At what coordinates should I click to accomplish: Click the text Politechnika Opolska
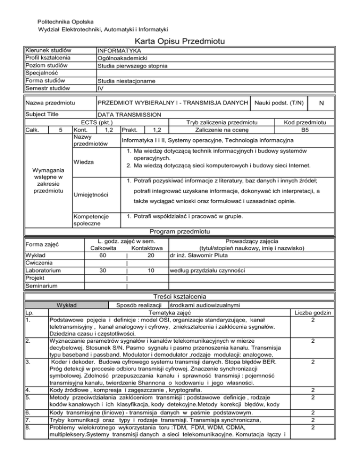point(65,22)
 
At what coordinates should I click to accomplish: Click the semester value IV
point(100,88)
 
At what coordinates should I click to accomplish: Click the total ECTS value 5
point(55,129)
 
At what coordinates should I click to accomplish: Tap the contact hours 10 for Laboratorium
point(150,271)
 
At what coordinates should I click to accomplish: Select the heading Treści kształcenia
point(180,297)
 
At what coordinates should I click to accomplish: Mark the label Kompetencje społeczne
point(90,220)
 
